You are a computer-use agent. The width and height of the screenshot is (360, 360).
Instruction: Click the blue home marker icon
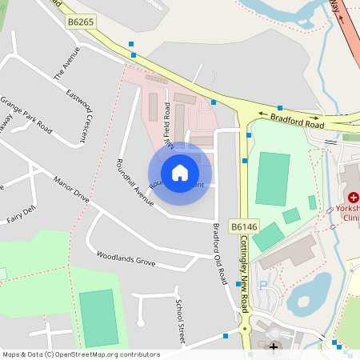pos(180,172)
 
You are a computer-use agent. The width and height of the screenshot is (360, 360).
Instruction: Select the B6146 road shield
pos(243,228)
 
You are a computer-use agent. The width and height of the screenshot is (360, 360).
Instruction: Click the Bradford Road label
pos(297,121)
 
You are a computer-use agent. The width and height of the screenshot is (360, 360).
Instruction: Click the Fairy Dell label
pos(21,214)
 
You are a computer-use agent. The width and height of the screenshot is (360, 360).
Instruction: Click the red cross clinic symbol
pos(353,197)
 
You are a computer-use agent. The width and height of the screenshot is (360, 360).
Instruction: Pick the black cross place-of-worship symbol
pos(274,346)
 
